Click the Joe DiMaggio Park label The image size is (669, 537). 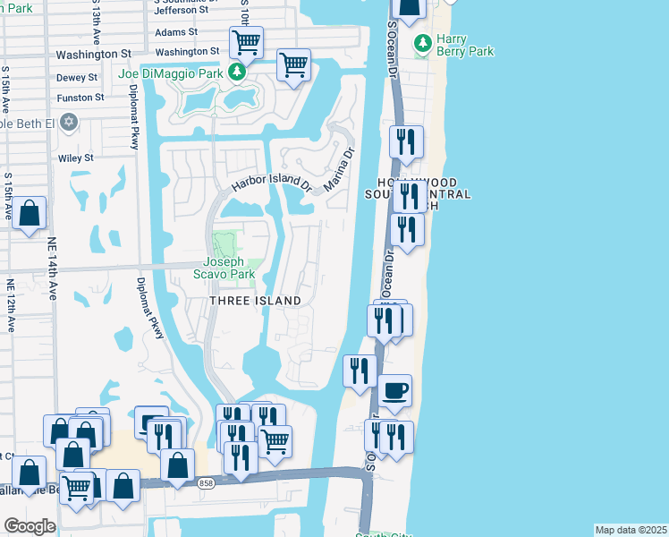tap(169, 72)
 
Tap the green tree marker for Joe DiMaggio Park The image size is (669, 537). tap(236, 72)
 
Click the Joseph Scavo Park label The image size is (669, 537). tap(231, 268)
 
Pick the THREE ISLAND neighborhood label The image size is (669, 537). tap(254, 302)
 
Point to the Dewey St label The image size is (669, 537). tap(76, 79)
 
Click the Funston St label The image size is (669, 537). tap(80, 98)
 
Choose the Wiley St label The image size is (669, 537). tap(76, 158)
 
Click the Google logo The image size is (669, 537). tap(30, 526)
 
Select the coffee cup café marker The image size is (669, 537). tap(394, 390)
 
